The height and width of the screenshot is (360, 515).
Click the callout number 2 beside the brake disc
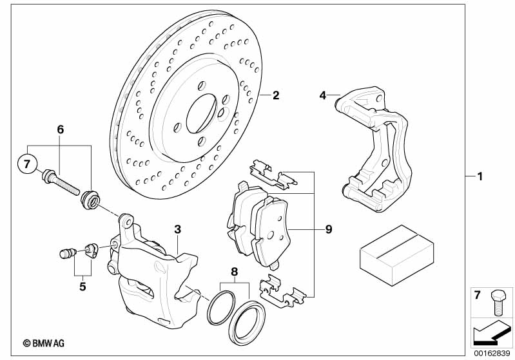tap(276, 95)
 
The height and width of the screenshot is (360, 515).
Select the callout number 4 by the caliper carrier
tap(323, 95)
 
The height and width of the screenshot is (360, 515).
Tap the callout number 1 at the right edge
tap(480, 176)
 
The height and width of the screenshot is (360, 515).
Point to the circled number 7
tap(27, 164)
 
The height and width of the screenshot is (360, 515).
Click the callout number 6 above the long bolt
tap(61, 129)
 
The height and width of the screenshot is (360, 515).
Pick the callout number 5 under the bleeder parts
tap(83, 287)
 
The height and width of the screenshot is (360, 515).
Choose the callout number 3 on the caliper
tap(178, 229)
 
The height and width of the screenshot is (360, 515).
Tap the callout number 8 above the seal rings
tap(234, 272)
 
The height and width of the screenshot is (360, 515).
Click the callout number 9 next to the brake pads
tap(329, 229)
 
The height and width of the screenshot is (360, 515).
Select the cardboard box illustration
tap(397, 255)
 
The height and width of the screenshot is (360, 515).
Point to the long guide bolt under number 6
tap(61, 182)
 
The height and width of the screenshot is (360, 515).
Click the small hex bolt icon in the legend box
tap(497, 303)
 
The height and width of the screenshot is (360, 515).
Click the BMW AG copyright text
tap(44, 344)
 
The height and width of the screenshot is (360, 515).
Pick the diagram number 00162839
tap(492, 354)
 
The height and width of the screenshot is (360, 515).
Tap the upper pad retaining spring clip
tap(273, 175)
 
